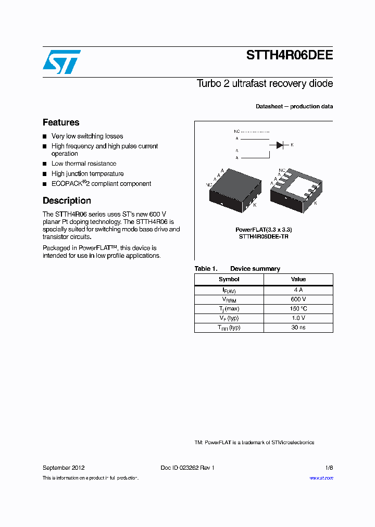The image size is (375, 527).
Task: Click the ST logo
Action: point(61,62)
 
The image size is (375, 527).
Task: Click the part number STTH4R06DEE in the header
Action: point(290,56)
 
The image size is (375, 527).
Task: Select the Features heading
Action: point(61,122)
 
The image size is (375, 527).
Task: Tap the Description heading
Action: point(67,200)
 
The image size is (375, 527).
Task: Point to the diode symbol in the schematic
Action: point(279,145)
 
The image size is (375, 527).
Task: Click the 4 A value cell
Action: point(298,290)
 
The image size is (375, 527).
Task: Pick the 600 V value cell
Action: point(298,299)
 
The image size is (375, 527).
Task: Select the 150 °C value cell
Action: point(298,309)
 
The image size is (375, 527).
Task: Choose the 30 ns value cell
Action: point(298,328)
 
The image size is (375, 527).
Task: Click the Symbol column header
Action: point(229,279)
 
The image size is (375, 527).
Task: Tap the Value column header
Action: point(298,279)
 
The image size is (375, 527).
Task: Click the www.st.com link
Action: point(321,478)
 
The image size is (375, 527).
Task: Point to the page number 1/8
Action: point(328,468)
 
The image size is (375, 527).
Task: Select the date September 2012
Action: point(64,468)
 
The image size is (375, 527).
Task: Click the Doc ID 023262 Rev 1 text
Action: point(187,468)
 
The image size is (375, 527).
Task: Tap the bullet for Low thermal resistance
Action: point(45,164)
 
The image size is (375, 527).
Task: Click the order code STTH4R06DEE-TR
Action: point(264,236)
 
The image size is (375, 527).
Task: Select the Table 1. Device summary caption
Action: point(238,269)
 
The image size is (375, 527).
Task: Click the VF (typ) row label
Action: point(229,318)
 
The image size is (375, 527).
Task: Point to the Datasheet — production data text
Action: point(294,106)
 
